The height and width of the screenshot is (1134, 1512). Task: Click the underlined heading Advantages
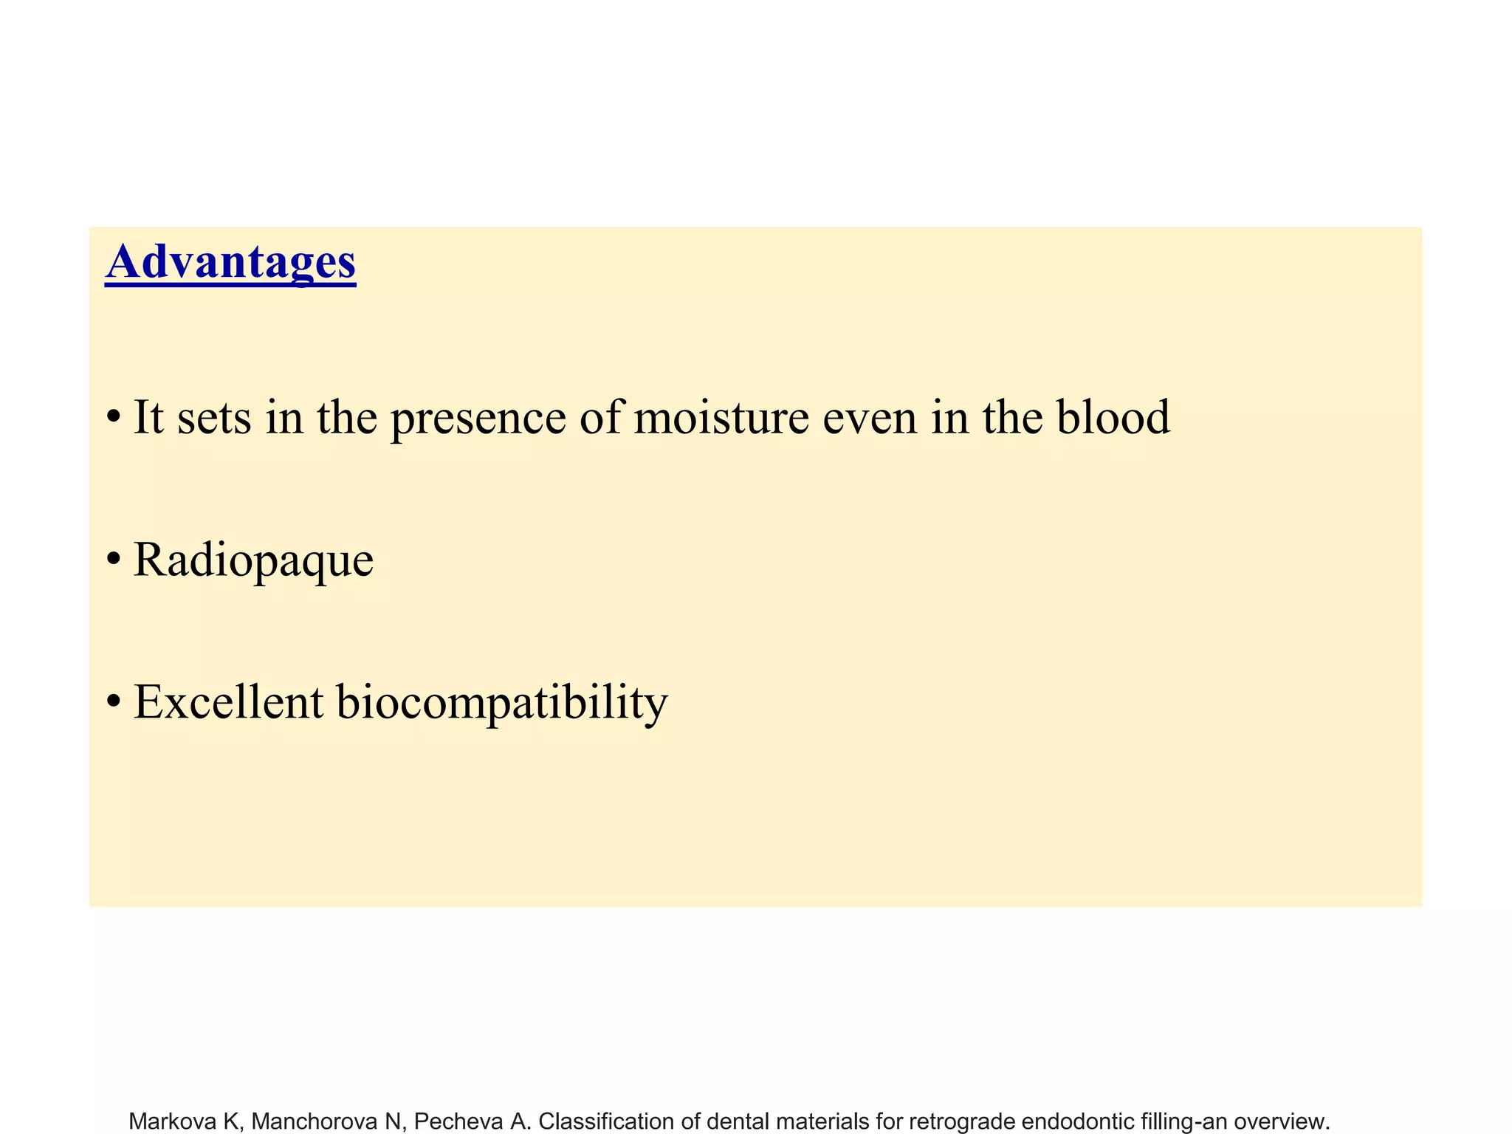[230, 262]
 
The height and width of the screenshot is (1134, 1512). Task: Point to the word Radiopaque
[253, 561]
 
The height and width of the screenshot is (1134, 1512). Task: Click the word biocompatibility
[502, 703]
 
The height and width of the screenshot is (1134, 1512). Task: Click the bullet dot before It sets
[113, 418]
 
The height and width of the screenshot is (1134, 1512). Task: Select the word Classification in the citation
[606, 1121]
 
